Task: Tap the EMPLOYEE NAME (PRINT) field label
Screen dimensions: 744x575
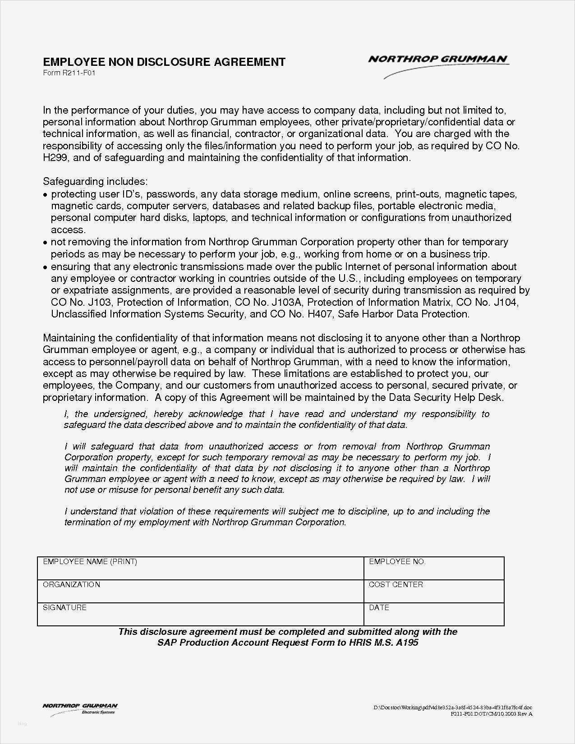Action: click(90, 561)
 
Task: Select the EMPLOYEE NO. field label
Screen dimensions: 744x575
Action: click(397, 561)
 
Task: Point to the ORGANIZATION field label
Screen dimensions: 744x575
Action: click(71, 584)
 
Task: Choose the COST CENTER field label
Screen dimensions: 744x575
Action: click(396, 584)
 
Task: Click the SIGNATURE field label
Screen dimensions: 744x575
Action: click(64, 607)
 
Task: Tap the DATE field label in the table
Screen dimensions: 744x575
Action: click(379, 607)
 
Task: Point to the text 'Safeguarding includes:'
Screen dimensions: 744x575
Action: click(95, 181)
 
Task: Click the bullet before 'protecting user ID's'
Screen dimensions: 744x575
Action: click(45, 195)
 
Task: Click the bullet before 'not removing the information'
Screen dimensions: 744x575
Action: click(45, 243)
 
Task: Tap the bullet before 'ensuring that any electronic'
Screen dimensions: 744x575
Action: click(45, 267)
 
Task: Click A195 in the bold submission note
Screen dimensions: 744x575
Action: click(407, 642)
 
